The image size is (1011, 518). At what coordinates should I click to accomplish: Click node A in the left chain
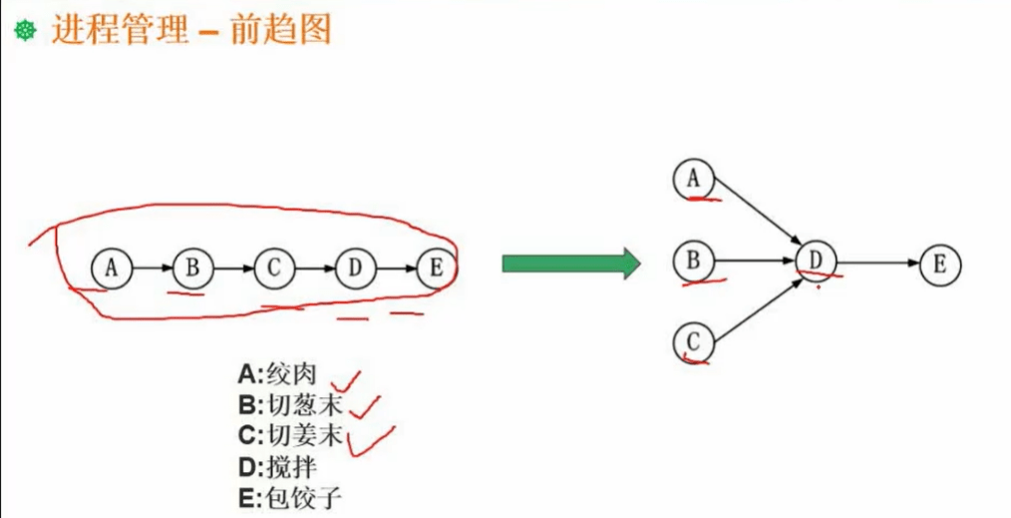point(111,267)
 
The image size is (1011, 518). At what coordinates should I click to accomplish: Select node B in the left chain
point(192,267)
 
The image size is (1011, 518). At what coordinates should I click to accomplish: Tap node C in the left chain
point(274,267)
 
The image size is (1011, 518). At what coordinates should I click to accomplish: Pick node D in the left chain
point(355,267)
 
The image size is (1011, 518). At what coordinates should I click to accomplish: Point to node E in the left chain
point(436,267)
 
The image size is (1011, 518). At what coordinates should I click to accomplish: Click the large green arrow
point(569,263)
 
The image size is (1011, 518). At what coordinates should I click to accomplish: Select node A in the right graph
point(693,179)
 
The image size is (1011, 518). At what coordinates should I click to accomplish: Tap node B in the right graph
point(693,261)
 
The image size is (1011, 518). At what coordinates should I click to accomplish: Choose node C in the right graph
point(693,343)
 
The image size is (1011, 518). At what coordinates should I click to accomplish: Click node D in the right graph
point(817,261)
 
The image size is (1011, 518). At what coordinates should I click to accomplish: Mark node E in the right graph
point(939,264)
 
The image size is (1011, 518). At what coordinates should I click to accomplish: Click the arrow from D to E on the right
point(877,263)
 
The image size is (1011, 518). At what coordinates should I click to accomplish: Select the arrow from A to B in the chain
point(152,267)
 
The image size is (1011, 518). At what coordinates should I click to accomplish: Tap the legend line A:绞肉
point(277,374)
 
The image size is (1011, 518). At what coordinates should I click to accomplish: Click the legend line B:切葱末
point(290,405)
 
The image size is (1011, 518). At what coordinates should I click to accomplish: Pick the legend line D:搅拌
point(277,466)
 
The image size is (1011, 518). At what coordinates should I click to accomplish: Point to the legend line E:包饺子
point(290,497)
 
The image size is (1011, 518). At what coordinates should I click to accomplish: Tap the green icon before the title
point(24,32)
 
